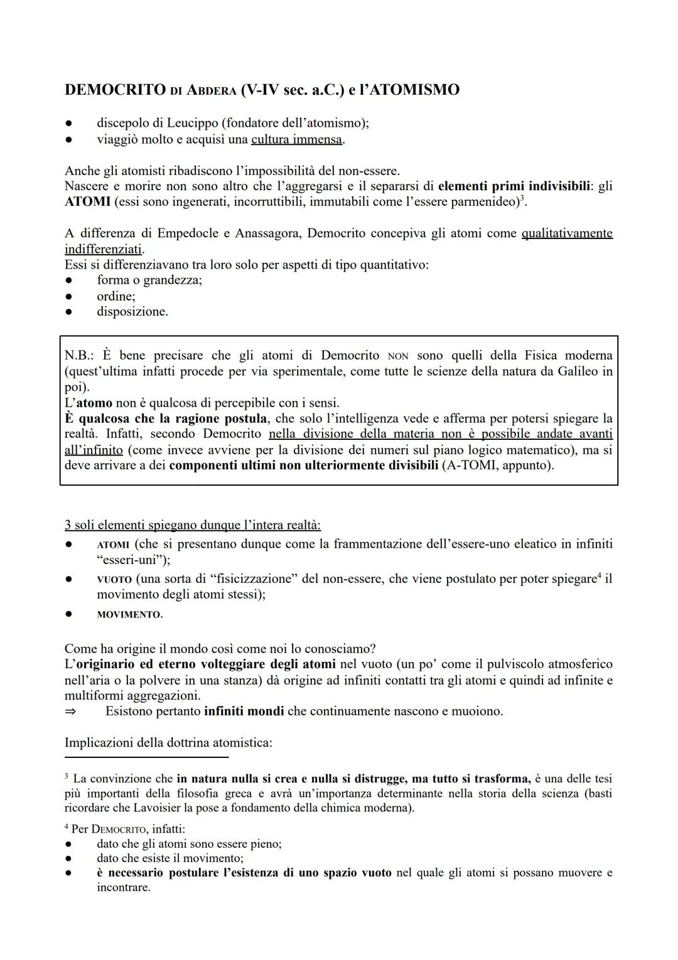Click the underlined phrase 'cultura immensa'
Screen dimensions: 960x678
296,139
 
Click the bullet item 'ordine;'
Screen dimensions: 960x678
116,296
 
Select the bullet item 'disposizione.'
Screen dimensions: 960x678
132,311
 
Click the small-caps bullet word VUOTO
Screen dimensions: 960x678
114,579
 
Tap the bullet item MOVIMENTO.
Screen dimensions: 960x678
129,615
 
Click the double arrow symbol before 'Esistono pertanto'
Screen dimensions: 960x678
70,712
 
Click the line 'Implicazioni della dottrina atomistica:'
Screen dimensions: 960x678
168,743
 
